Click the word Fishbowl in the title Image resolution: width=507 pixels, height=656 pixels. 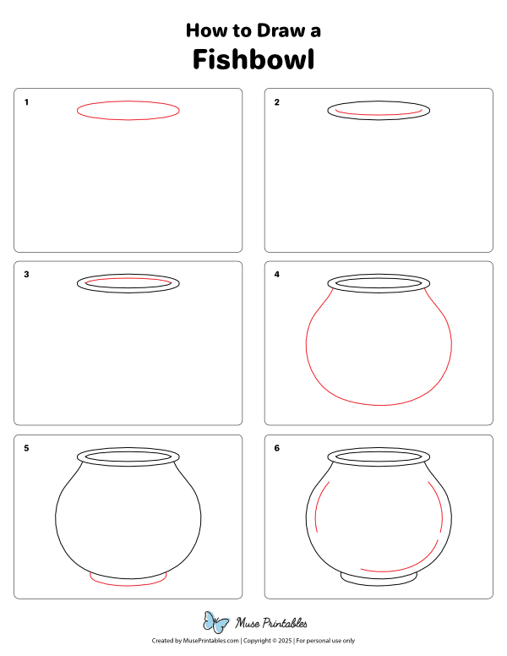253,60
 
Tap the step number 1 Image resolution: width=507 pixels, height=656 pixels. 27,102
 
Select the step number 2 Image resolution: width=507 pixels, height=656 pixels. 276,102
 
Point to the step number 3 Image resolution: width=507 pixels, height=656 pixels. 27,275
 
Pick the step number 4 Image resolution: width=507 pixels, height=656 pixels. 276,275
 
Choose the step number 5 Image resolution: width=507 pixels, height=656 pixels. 27,448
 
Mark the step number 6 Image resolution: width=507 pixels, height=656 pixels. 276,448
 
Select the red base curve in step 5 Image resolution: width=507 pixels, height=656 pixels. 128,584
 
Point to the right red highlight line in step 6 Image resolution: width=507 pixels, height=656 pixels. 442,507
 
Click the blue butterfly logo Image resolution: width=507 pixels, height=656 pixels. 216,623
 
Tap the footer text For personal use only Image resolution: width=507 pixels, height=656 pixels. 325,642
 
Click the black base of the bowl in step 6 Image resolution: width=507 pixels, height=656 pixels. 379,580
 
